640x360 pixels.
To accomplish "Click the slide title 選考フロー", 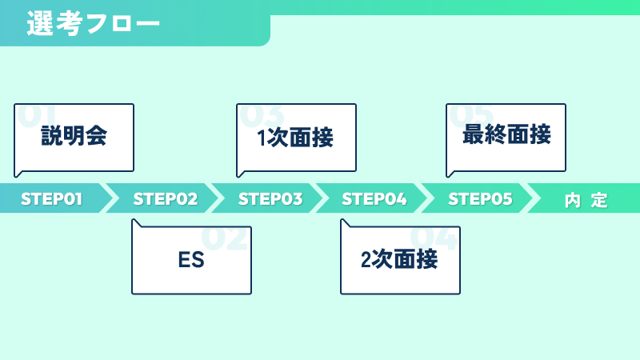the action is [x=93, y=23].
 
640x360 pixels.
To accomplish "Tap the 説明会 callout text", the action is [x=74, y=135].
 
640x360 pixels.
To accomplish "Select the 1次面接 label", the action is [x=295, y=137].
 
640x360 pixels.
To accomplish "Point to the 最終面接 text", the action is [x=506, y=134].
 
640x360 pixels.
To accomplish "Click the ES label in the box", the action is [x=191, y=259].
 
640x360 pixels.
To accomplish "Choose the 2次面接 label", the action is [x=399, y=259].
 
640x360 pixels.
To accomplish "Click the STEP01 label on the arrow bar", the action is [x=51, y=199].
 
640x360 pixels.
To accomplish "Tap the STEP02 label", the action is [x=166, y=199].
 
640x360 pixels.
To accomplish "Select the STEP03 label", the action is [x=270, y=199].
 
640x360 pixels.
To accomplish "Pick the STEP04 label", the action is [x=374, y=199].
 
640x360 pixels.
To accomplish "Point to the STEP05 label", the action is [x=480, y=199].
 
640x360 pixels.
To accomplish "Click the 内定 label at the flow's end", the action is [x=586, y=200].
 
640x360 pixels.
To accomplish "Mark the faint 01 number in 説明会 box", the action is [x=36, y=115].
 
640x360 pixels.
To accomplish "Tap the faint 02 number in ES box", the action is [x=225, y=238].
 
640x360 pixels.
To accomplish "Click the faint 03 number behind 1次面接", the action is [x=262, y=115].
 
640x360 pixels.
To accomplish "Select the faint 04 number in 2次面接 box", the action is [x=434, y=238].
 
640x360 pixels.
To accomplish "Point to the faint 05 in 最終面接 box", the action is [x=471, y=115].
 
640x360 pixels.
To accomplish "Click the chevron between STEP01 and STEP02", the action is [x=110, y=198].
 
